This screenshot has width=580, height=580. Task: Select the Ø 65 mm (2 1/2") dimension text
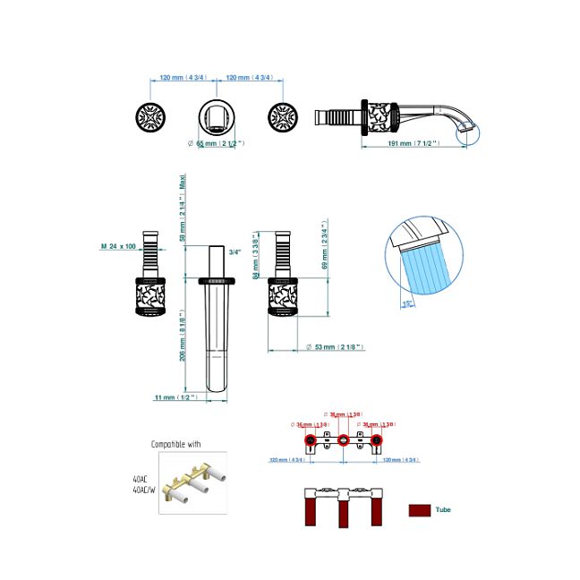216,143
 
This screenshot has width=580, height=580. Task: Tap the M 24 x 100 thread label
118,245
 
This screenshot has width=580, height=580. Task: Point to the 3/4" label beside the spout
235,252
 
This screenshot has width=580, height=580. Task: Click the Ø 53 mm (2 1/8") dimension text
336,347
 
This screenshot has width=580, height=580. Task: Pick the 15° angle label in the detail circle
408,304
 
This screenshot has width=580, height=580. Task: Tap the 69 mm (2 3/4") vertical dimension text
325,246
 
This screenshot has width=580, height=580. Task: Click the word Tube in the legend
443,509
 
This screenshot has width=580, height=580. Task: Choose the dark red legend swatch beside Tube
419,510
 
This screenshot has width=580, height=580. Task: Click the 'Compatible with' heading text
176,444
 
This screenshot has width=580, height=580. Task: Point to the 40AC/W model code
143,490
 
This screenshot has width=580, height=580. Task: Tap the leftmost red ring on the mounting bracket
310,440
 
